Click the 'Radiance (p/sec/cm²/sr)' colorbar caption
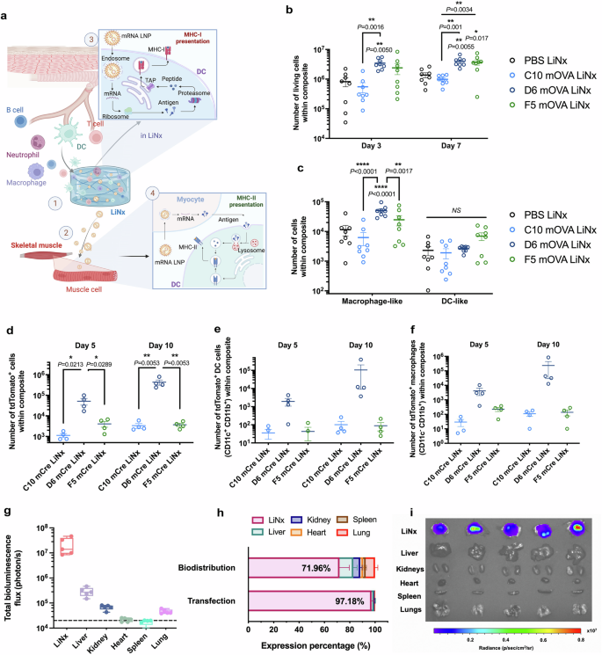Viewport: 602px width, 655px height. [x=497, y=649]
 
